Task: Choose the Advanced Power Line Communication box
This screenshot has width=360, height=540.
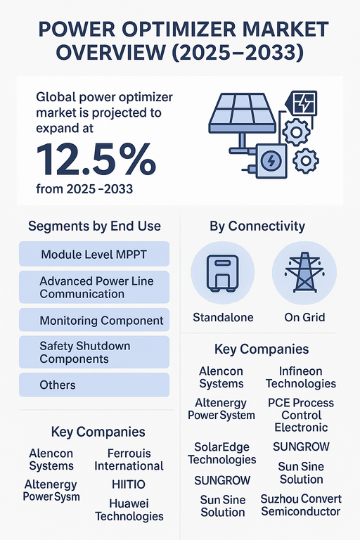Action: (94, 287)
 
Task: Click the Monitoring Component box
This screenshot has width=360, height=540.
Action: (94, 321)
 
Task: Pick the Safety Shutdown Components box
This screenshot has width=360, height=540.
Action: (94, 352)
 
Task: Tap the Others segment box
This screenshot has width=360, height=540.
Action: (94, 385)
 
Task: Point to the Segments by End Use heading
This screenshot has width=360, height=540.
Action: (94, 226)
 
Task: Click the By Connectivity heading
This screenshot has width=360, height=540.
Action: (257, 226)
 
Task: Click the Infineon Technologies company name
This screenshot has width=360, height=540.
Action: (301, 377)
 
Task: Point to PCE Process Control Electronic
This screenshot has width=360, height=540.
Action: (301, 415)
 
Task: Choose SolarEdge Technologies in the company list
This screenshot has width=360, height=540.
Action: (222, 453)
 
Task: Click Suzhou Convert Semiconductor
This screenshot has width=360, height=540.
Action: (301, 505)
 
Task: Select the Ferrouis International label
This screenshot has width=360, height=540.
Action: (129, 459)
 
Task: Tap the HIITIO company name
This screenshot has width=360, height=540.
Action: (129, 484)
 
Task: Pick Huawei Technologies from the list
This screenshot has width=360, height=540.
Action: (129, 510)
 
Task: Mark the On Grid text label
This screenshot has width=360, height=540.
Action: (304, 317)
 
